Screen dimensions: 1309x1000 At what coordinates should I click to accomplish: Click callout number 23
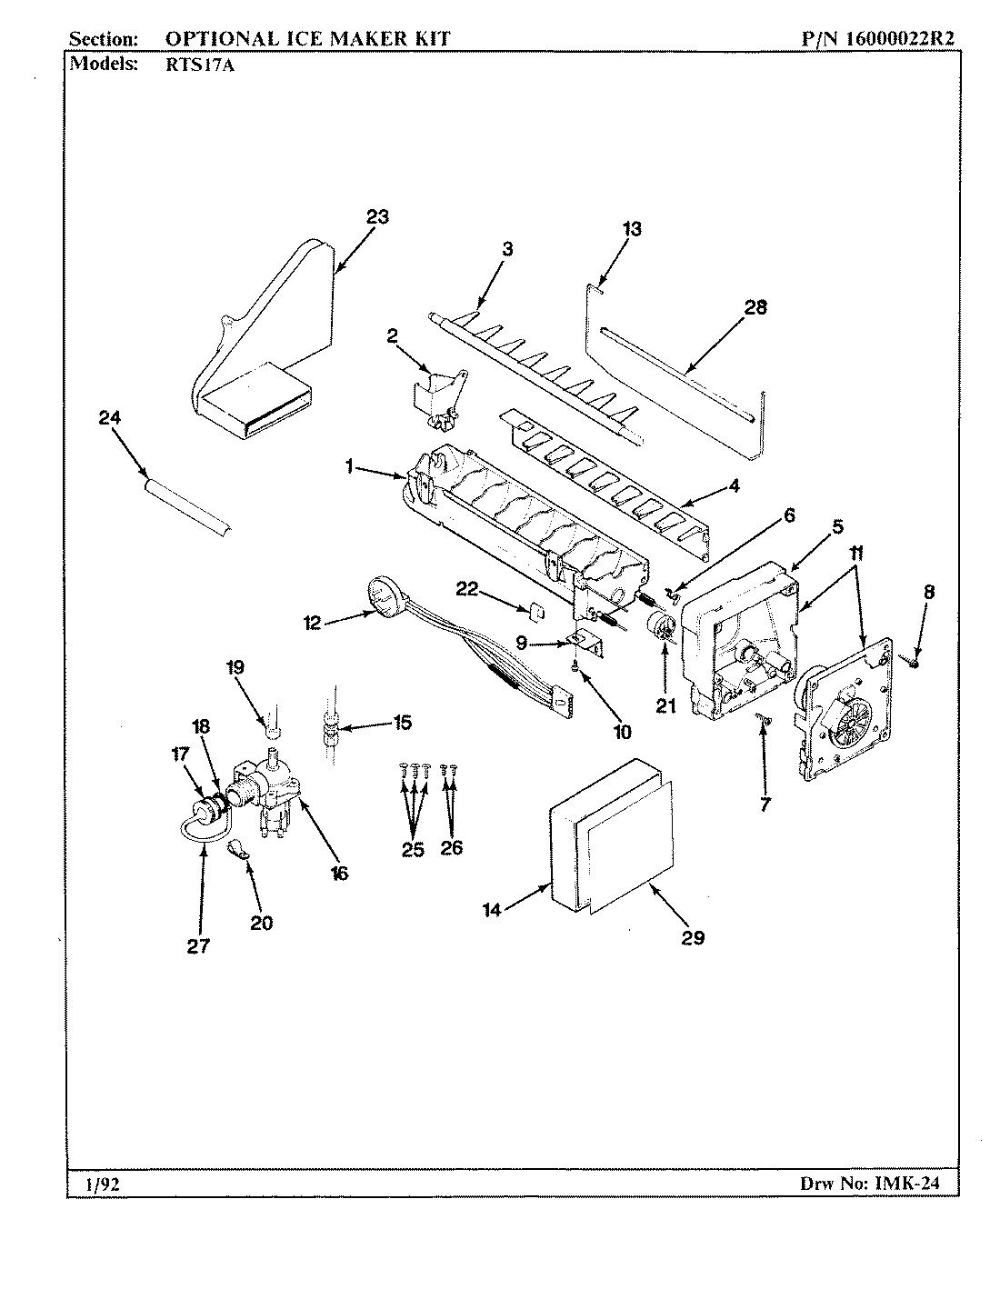pos(377,216)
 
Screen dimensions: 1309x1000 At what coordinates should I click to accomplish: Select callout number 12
pos(313,623)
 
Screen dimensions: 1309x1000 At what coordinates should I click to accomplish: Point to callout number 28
pos(755,307)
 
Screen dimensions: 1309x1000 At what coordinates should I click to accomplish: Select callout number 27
pos(198,945)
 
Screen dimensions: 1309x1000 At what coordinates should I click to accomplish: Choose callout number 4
pos(734,486)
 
